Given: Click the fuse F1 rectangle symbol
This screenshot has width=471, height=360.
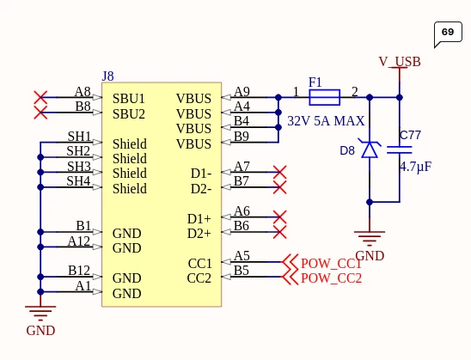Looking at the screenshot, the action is (x=324, y=97).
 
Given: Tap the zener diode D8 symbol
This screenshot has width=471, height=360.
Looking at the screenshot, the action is (x=370, y=149).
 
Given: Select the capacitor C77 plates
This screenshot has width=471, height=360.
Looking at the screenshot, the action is (x=400, y=149).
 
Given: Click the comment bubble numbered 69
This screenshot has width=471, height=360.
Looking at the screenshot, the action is (x=448, y=33).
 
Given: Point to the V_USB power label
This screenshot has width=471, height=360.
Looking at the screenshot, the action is (x=400, y=62).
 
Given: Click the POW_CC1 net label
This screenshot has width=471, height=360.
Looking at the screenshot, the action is (x=331, y=264).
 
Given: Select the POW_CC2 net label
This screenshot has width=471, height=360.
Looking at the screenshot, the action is (x=331, y=278).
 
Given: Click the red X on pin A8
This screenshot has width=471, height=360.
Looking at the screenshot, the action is (x=40, y=97).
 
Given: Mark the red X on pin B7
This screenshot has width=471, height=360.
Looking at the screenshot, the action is (x=279, y=187).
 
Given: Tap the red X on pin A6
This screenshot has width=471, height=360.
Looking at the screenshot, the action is (x=279, y=217).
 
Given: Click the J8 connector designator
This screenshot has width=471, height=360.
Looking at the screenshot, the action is (x=107, y=76).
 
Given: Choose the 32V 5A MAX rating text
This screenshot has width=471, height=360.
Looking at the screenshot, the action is (x=326, y=121).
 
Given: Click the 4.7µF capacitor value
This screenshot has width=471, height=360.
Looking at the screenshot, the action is (x=415, y=167).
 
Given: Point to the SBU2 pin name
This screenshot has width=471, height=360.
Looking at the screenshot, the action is (x=129, y=114).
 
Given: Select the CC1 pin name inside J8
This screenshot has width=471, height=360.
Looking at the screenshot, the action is (x=199, y=264).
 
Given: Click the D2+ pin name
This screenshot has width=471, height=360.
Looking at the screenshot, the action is (x=199, y=234).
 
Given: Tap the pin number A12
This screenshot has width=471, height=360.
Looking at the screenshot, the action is (x=79, y=241).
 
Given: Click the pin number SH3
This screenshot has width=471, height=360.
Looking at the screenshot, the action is (x=79, y=167).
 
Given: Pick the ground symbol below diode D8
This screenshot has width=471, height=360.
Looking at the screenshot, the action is (x=370, y=236).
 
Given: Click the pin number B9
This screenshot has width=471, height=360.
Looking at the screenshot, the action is (x=242, y=137).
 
